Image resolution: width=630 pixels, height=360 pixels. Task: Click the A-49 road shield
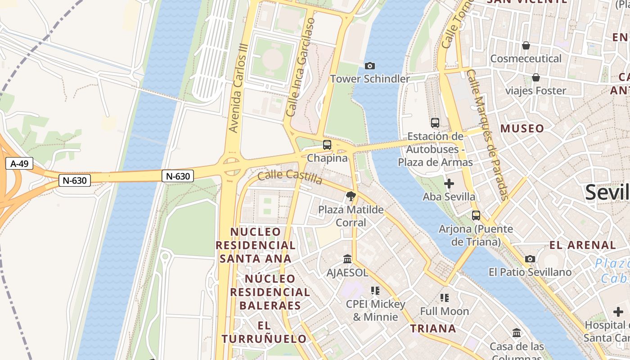point(20,163)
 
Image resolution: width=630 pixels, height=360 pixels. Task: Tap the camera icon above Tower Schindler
point(370,66)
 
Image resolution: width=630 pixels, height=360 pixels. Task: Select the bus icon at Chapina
point(327,145)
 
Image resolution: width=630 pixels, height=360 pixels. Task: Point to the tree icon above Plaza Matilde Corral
point(351,196)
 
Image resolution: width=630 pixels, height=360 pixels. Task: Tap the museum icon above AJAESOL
point(347,259)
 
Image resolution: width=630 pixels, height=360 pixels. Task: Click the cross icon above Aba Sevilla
point(449,184)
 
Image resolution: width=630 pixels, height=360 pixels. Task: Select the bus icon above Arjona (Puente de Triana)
point(476,216)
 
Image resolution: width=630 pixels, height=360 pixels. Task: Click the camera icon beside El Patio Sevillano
point(530,259)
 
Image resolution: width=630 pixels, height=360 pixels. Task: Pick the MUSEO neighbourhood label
point(522,129)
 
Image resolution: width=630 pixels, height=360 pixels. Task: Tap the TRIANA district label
point(433,328)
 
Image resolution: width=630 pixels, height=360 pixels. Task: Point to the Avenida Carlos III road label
point(238,88)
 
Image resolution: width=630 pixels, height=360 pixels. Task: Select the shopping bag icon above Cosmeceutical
point(526,45)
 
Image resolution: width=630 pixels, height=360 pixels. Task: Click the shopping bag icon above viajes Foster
point(535,77)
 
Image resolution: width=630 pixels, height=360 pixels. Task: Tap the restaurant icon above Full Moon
point(445,298)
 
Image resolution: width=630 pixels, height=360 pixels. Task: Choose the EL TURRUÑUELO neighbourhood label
point(264,332)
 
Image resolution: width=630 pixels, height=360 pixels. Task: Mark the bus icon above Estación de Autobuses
point(435,122)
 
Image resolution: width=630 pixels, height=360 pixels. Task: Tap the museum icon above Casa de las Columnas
point(517,333)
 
